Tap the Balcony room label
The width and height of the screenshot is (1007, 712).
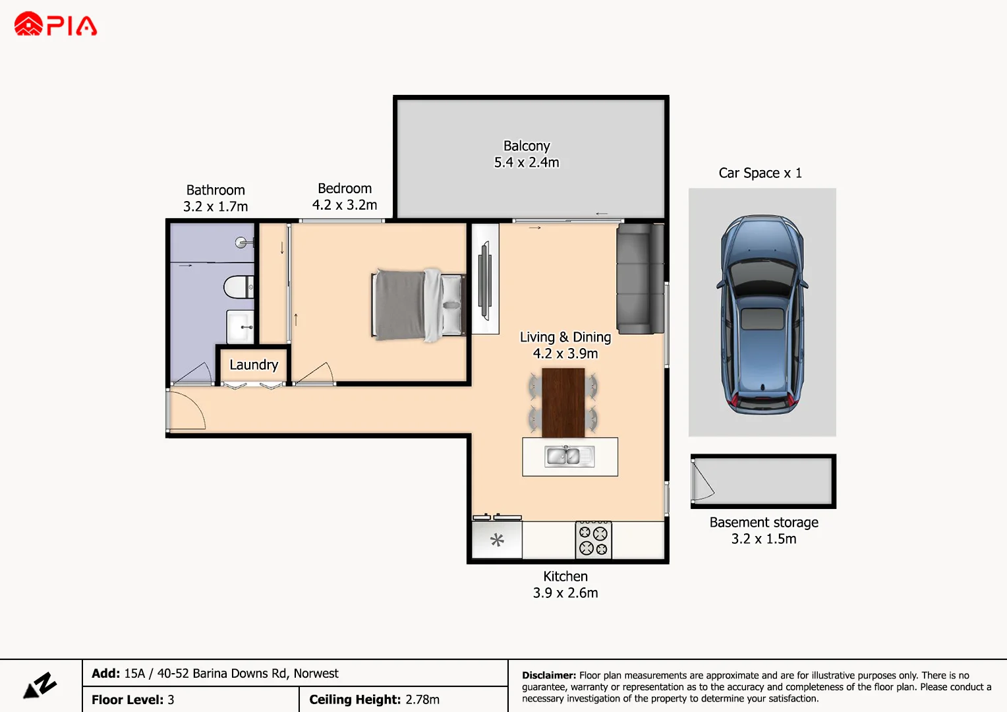[x=526, y=146]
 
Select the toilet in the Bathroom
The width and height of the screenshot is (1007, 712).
[x=239, y=287]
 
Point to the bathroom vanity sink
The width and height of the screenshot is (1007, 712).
[x=241, y=326]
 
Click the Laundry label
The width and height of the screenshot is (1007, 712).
[x=254, y=365]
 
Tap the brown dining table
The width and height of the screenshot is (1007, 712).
[x=563, y=402]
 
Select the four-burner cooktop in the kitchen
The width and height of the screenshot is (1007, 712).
[x=593, y=541]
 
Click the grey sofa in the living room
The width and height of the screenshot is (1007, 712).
[x=639, y=279]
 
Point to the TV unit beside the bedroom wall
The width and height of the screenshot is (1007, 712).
[x=485, y=278]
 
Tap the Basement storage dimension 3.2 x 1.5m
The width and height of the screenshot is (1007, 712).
[x=764, y=539]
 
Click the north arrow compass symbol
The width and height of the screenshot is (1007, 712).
[x=41, y=686]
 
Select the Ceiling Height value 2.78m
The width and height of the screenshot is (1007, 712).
[x=422, y=699]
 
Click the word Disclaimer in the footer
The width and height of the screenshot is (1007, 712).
[x=548, y=675]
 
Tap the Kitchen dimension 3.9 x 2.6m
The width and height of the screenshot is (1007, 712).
[x=565, y=593]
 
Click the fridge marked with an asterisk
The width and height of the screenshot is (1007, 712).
[x=497, y=541]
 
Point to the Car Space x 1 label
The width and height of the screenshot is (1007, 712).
[x=760, y=173]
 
